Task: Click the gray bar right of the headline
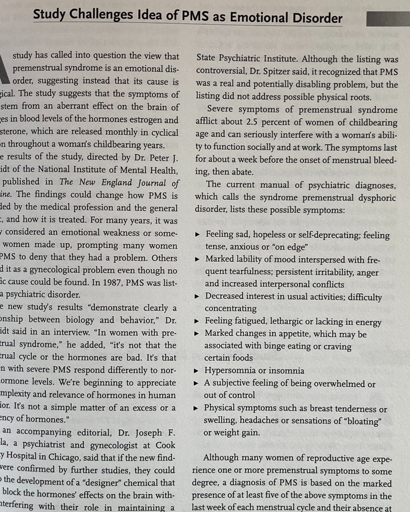387,20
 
